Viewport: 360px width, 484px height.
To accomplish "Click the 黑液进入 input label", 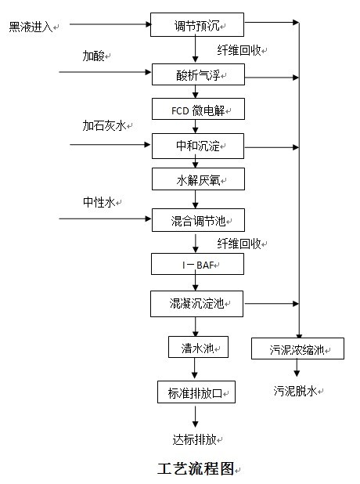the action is point(31,27).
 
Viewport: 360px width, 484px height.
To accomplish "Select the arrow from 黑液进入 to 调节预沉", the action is point(110,24).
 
